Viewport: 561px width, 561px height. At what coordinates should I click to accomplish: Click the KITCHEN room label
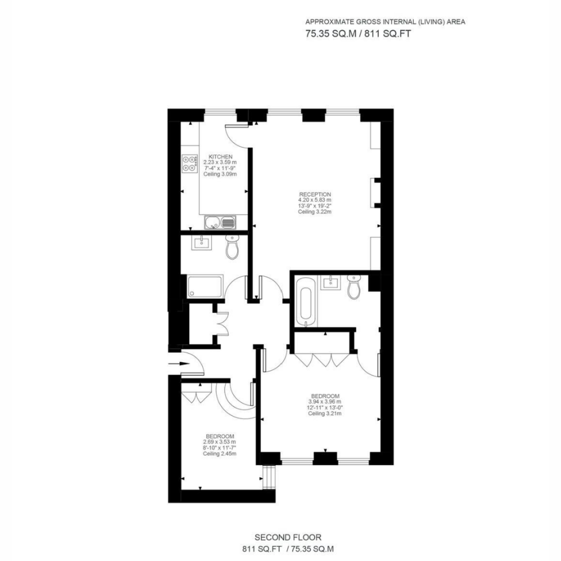[220, 157]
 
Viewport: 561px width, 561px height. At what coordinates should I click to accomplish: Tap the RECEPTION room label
[315, 194]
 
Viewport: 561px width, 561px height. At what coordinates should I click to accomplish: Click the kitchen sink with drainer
[220, 223]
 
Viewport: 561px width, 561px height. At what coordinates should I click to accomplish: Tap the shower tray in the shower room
[204, 287]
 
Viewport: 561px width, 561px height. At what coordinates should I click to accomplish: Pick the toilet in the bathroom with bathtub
[354, 287]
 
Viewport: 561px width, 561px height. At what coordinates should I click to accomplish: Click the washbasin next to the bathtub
[331, 282]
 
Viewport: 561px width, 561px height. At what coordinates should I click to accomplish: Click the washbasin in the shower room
[201, 242]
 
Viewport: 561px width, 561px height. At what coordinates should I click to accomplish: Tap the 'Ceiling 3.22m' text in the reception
[315, 212]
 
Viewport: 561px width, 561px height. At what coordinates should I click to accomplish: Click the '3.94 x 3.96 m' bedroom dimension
[325, 402]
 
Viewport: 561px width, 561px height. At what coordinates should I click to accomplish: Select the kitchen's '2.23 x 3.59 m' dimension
[220, 162]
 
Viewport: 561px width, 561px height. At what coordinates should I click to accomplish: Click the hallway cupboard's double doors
[223, 324]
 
